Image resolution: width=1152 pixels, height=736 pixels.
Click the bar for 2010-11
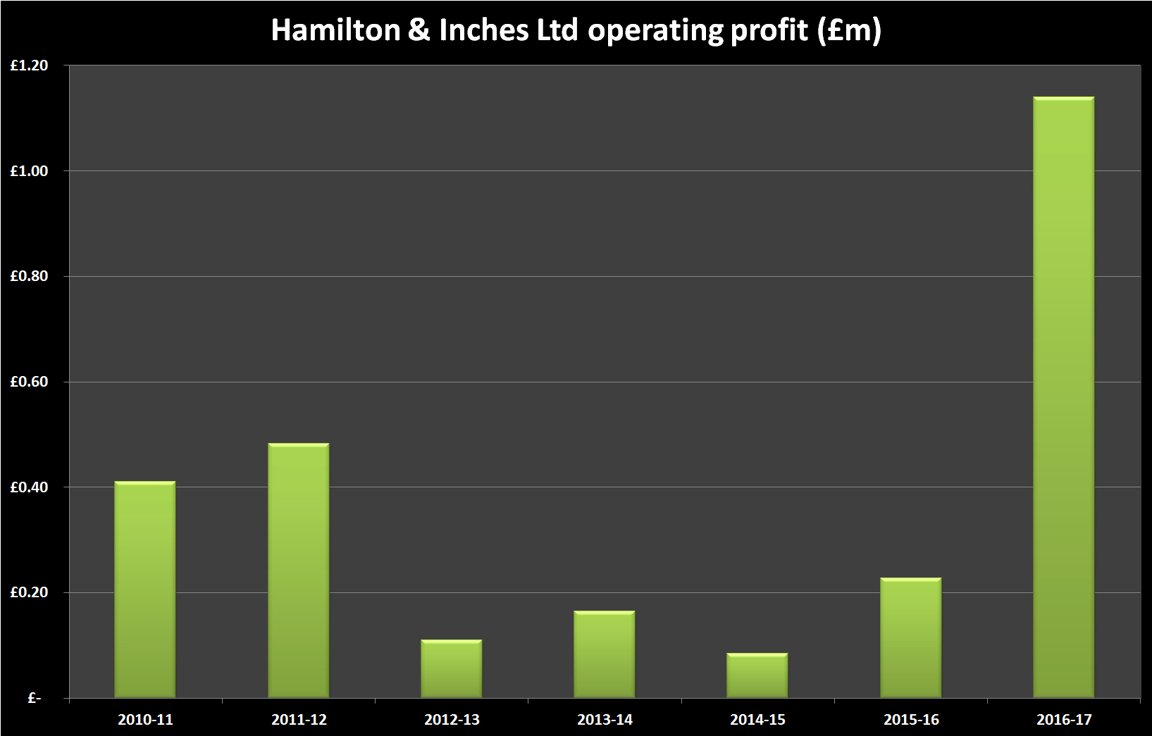(145, 590)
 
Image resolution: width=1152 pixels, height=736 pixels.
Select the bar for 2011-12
(299, 570)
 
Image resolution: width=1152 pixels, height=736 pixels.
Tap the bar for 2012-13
(452, 669)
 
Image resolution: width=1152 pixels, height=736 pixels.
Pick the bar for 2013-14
(605, 654)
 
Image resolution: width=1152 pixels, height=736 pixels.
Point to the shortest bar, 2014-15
(757, 675)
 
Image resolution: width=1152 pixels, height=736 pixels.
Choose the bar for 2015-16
(911, 638)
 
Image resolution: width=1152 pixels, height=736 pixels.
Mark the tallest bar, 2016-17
(1064, 397)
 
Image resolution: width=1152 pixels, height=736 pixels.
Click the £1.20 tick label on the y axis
(30, 66)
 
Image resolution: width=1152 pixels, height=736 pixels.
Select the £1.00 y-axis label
(30, 171)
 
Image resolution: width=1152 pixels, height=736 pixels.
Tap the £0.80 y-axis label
(30, 276)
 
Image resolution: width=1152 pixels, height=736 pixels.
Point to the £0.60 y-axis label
(30, 382)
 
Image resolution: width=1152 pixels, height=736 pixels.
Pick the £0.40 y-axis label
(30, 487)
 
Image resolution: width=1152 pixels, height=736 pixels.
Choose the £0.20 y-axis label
(30, 592)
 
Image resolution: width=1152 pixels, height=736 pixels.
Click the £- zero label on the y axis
(35, 698)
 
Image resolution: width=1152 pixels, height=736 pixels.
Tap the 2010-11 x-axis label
(145, 720)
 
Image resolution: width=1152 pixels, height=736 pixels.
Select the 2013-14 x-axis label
(605, 720)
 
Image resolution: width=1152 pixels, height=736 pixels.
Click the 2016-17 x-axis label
(1064, 720)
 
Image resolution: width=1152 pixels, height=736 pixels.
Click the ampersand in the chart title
(419, 30)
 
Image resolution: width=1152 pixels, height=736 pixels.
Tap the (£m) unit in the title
(850, 30)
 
